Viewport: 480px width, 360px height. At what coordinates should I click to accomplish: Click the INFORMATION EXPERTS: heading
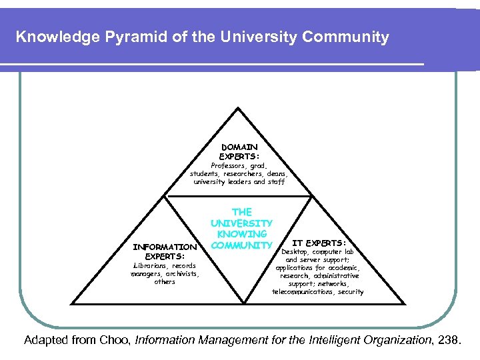[165, 251]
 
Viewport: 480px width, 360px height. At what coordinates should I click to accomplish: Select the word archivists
[179, 273]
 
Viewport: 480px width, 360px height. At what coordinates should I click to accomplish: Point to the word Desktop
[296, 252]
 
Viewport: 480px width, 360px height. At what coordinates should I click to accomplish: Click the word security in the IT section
[350, 292]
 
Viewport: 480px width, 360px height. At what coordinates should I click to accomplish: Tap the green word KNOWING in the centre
[241, 234]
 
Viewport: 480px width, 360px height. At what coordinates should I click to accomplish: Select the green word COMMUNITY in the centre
[241, 245]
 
